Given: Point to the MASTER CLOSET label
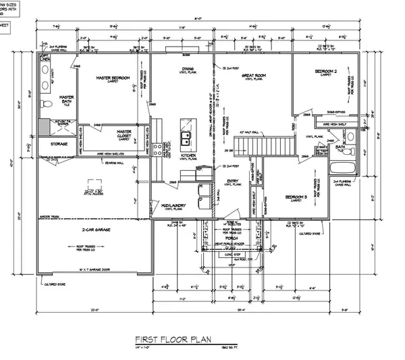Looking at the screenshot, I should coord(124,133).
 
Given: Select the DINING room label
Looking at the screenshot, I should coord(188,69).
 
